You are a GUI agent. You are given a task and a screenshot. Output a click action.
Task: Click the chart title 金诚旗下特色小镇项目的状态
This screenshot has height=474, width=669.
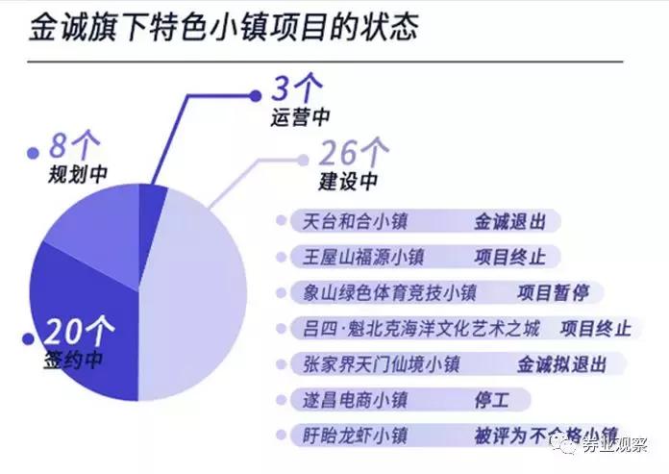click(223, 26)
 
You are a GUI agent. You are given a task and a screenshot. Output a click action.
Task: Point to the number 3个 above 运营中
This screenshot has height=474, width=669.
click(294, 92)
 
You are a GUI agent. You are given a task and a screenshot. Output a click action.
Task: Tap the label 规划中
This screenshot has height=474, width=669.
click(78, 175)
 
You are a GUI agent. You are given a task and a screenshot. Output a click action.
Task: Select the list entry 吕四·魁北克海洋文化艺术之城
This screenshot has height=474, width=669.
click(419, 328)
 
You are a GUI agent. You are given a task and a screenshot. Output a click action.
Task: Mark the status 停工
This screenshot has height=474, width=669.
click(493, 399)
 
